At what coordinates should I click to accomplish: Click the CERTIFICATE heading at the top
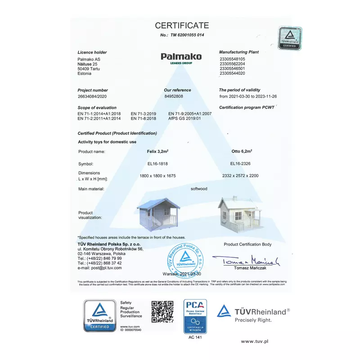click(x=182, y=25)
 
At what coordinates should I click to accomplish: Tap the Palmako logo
click(x=181, y=57)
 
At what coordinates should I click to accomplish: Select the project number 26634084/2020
click(x=92, y=96)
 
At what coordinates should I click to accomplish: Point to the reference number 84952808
click(x=174, y=96)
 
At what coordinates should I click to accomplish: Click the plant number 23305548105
click(x=232, y=59)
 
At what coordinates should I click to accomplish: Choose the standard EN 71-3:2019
click(x=143, y=114)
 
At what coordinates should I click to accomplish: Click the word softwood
click(x=199, y=189)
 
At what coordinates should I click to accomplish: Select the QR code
click(x=162, y=311)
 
